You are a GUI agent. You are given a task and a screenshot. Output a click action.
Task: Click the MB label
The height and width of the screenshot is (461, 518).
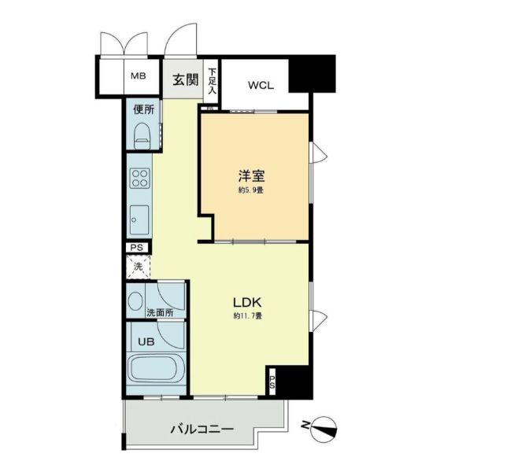(x=139, y=76)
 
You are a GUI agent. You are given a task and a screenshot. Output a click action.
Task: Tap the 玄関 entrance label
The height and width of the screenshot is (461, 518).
(x=186, y=79)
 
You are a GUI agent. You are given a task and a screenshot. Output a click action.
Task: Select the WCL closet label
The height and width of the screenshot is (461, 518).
(x=261, y=85)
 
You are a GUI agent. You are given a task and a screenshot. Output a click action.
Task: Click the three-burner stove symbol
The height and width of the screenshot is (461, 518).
(x=139, y=178)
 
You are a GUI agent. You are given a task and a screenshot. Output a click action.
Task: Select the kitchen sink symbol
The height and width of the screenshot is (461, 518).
(x=139, y=216)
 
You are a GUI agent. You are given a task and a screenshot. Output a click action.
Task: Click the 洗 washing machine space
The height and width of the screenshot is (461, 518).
(x=138, y=267)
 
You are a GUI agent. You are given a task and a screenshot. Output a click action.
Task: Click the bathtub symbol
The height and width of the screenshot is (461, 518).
(x=156, y=370)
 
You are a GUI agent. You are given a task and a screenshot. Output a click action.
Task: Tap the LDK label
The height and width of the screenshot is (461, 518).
(x=246, y=301)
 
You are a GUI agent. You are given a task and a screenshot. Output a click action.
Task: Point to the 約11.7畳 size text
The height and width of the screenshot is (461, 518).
(x=246, y=316)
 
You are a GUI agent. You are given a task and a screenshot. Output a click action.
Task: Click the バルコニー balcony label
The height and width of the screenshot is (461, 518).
(x=202, y=430)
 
